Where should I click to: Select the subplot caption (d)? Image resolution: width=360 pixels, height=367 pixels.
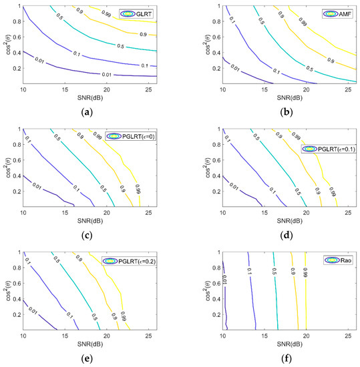278,235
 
